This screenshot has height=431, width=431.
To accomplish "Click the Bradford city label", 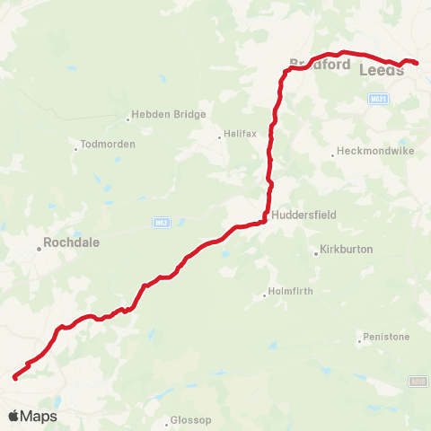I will coord(320,65).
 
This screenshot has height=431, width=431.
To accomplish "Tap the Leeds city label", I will coord(381,70).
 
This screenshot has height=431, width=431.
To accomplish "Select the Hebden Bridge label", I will coord(169,115).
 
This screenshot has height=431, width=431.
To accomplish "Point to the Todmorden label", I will coord(108,144).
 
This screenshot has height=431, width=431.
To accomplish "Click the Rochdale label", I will coord(73,242).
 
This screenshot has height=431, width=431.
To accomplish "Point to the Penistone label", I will coord(386,338).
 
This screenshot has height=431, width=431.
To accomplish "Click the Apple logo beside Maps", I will coord(13,417).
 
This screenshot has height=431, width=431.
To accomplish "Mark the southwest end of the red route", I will coord(15,378).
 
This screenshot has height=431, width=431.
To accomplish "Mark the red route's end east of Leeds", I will coord(417,62).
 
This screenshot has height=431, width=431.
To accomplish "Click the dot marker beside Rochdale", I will coord(40,249).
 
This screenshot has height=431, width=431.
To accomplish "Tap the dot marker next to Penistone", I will coord(358,341).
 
